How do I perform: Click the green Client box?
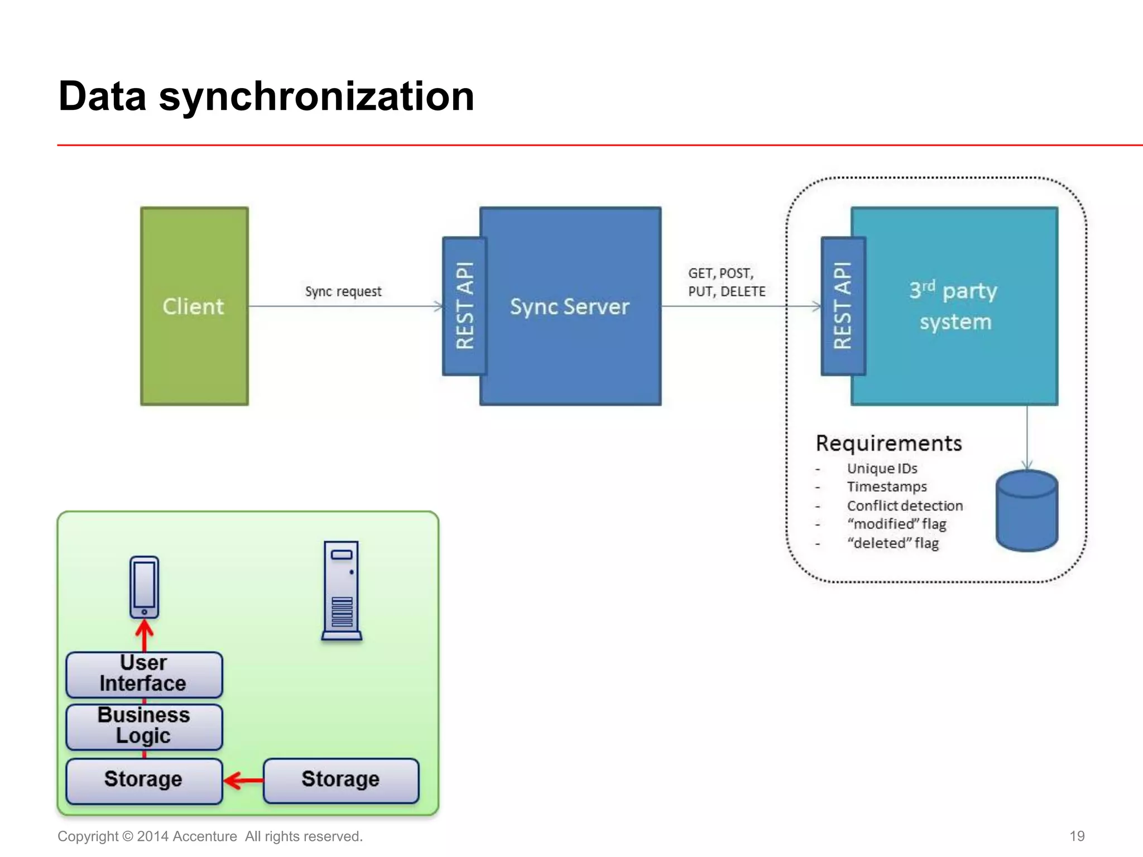[x=194, y=306]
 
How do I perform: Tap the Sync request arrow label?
[x=343, y=291]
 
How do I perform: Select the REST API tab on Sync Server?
[x=464, y=306]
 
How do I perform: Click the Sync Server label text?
[x=569, y=306]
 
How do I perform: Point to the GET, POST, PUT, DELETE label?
[x=726, y=282]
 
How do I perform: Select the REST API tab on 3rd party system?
[x=843, y=306]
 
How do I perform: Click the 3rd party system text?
[x=954, y=306]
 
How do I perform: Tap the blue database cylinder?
[x=1026, y=511]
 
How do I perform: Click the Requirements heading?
[x=889, y=443]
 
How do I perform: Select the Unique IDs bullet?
[x=882, y=469]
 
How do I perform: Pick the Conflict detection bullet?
[x=905, y=505]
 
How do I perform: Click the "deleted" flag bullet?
[x=892, y=543]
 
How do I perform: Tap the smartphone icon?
[x=144, y=587]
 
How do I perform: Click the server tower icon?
[x=342, y=590]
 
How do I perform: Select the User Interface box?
[x=144, y=674]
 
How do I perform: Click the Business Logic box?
[x=144, y=726]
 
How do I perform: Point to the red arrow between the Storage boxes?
[x=243, y=780]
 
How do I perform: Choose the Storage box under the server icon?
[x=340, y=780]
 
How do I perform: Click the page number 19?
[x=1077, y=836]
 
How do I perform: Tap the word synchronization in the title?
[x=316, y=96]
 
